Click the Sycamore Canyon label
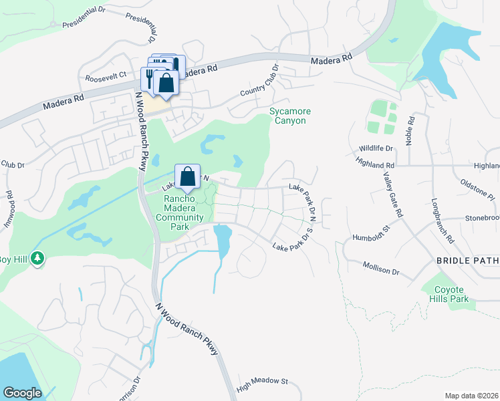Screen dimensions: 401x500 (287, 116)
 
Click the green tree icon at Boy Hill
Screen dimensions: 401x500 (38, 257)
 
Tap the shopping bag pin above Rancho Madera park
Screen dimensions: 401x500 (188, 176)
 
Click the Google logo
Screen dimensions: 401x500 (22, 393)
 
